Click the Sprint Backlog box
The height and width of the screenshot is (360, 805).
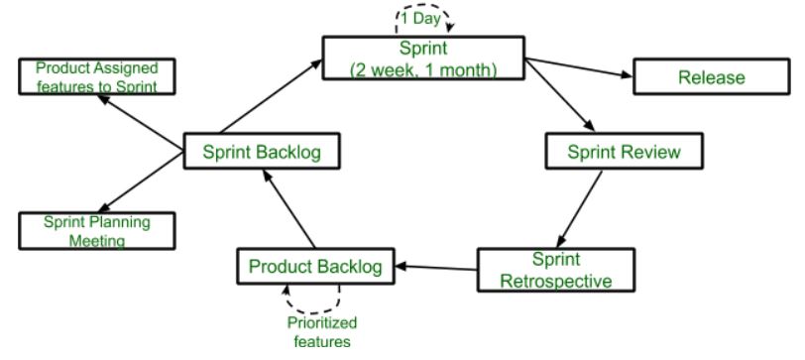pyautogui.click(x=264, y=153)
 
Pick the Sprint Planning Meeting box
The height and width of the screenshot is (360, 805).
pyautogui.click(x=97, y=230)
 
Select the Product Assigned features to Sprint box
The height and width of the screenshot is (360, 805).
pyautogui.click(x=97, y=77)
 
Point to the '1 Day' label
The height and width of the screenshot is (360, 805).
pyautogui.click(x=423, y=17)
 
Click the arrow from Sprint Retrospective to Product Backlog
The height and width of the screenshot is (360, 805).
pyautogui.click(x=436, y=267)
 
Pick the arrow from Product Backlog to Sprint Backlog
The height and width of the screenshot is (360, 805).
pyautogui.click(x=287, y=209)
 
